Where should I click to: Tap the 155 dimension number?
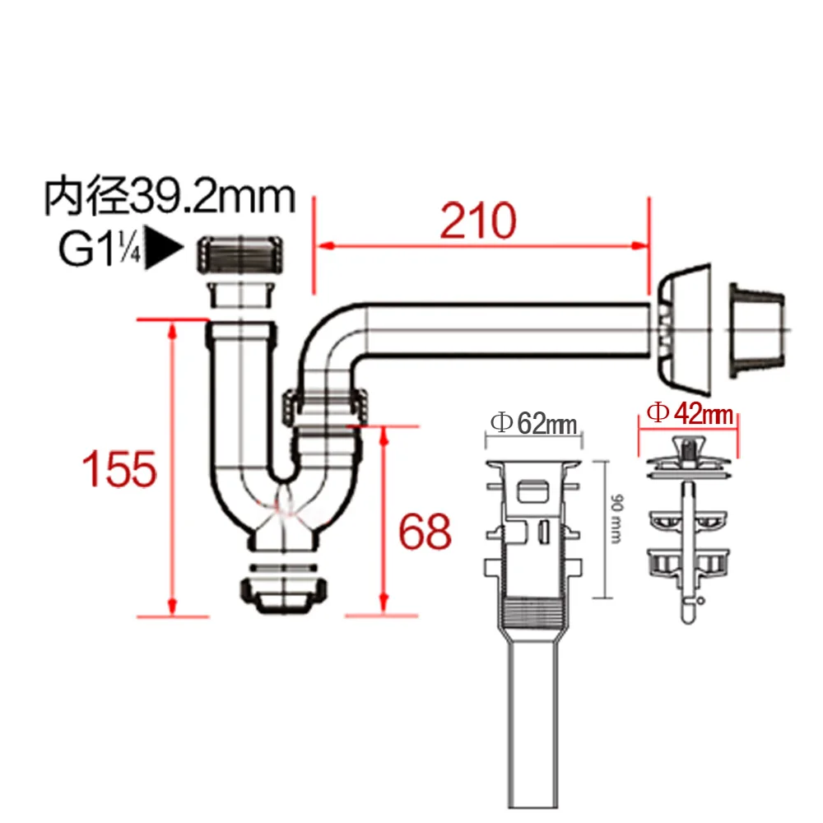(119, 469)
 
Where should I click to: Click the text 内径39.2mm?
(169, 198)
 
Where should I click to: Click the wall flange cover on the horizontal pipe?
(685, 328)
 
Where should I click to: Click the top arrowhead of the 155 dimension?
(173, 327)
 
